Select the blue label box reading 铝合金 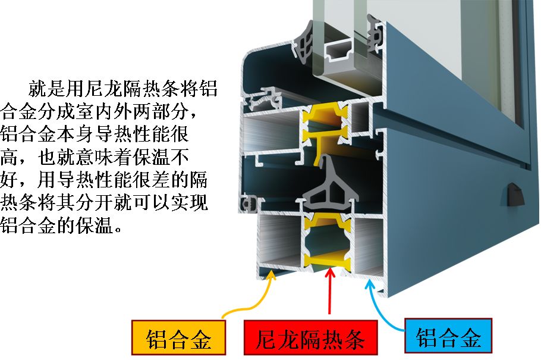pos(448,337)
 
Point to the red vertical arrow pos(329,292)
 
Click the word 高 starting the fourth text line pos(11,157)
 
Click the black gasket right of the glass pos(375,33)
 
